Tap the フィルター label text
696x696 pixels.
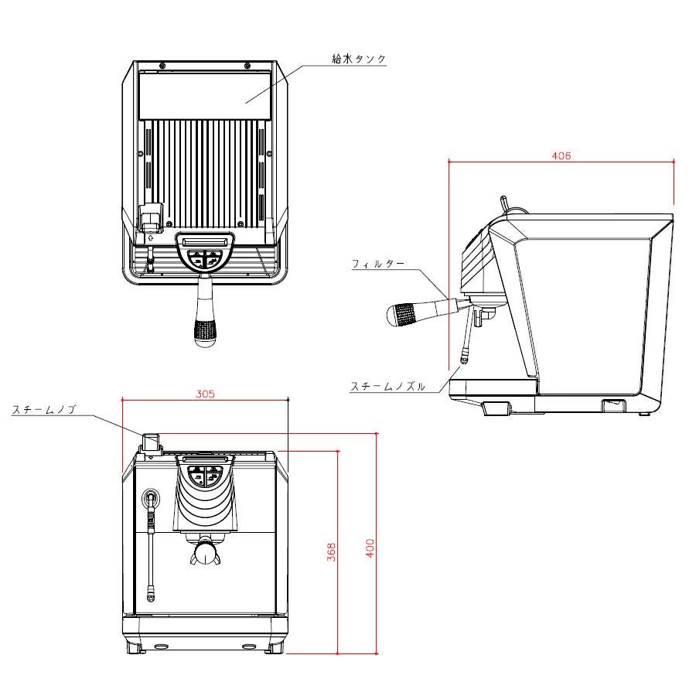coord(377,264)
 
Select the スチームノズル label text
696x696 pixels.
coord(387,386)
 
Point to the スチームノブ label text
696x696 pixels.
coord(44,411)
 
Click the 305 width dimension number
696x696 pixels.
coord(204,394)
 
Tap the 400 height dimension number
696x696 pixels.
coord(370,548)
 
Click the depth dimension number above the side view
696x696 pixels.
coord(561,155)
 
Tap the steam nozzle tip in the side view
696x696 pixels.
coord(464,357)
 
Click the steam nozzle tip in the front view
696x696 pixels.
coord(151,595)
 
